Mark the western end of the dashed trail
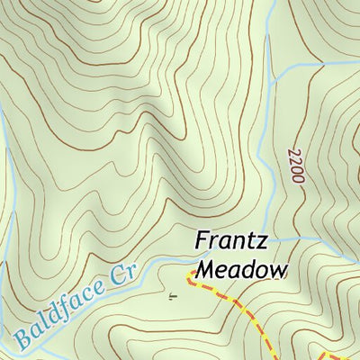coord(189,272)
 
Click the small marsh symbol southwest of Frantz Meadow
coord(172,294)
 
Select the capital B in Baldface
coord(21,338)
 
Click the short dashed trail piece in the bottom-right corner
coord(346,354)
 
